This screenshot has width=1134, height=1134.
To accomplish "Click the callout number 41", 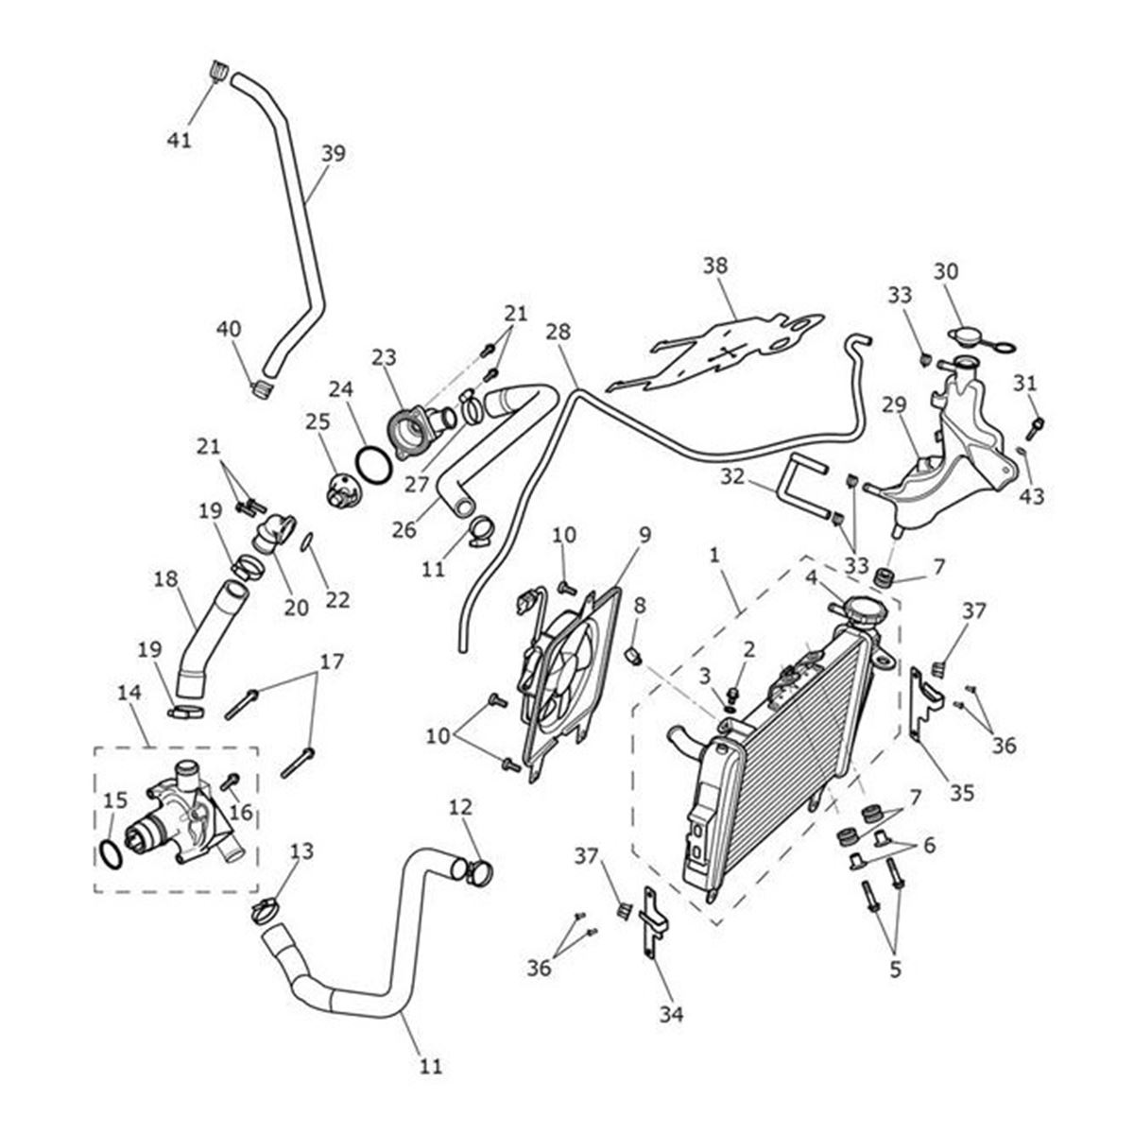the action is (x=180, y=140).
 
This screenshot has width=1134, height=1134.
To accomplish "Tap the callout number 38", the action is (x=715, y=266).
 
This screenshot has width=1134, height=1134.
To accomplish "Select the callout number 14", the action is (x=129, y=693).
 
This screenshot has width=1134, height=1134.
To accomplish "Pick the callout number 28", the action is (x=558, y=332).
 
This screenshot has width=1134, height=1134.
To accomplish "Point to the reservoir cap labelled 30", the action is (x=982, y=339).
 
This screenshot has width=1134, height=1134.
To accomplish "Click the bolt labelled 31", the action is (x=1036, y=428).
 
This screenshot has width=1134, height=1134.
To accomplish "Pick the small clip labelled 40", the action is (x=262, y=388).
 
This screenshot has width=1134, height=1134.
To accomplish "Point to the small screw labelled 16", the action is (x=230, y=781).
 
